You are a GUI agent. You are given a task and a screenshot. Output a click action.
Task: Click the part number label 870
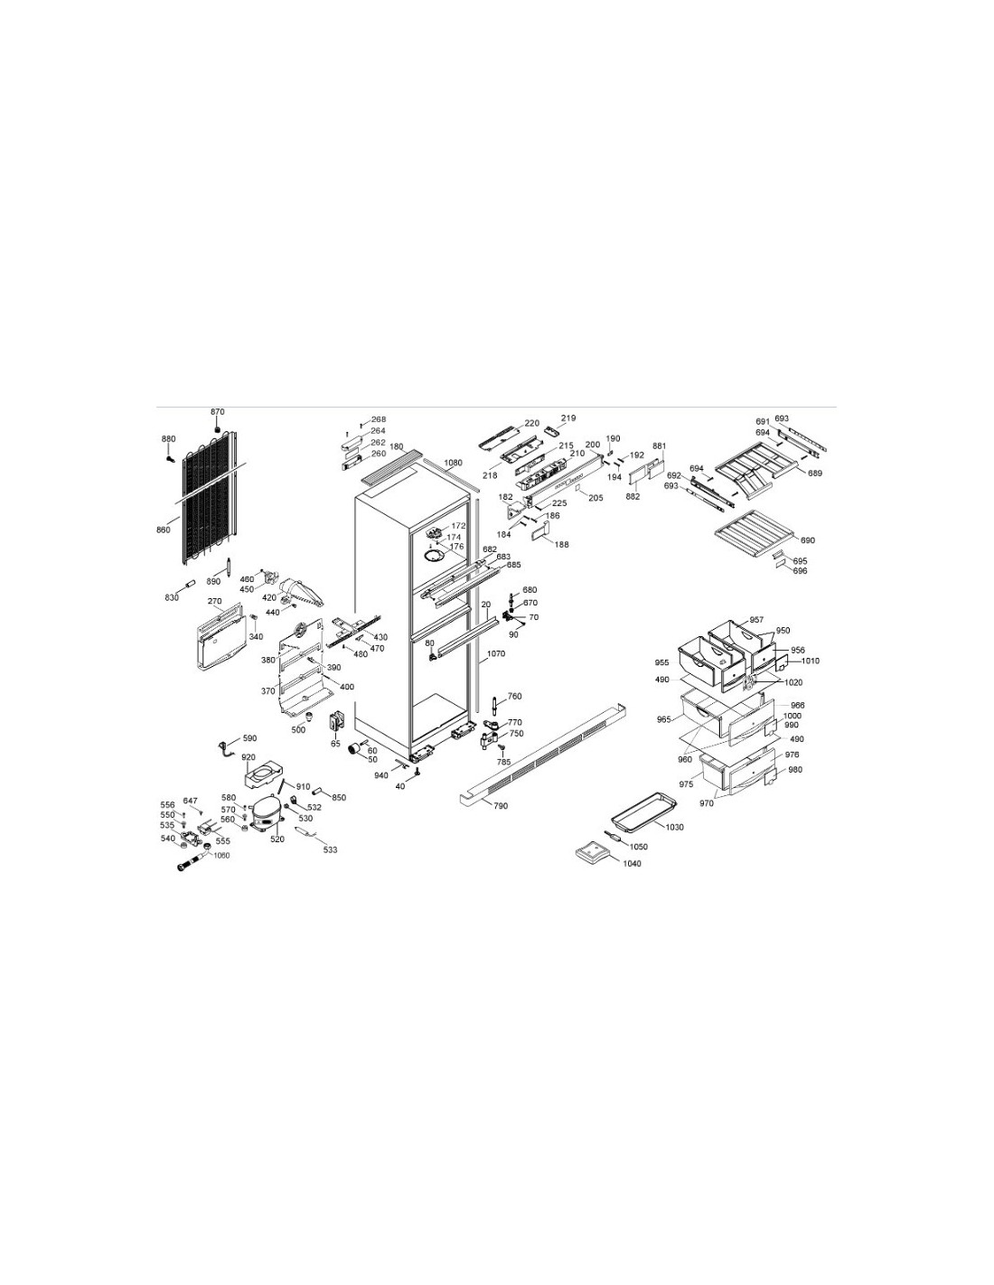[x=218, y=411]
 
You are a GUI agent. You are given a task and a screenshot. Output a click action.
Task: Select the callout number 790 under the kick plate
[x=500, y=806]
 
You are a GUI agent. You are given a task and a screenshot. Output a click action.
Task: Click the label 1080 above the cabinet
[x=453, y=463]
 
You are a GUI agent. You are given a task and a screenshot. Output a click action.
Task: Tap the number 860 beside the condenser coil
[x=164, y=530]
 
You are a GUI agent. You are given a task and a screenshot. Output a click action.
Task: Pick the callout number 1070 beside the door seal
[x=497, y=654]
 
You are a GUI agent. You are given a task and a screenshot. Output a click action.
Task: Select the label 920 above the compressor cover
[x=248, y=757]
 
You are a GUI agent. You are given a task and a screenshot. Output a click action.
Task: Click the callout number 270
[x=215, y=602]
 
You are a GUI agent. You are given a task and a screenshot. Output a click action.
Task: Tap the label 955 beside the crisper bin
[x=661, y=663]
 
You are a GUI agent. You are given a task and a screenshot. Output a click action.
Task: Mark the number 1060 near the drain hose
[x=221, y=856]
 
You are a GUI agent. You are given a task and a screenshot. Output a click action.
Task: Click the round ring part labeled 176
[x=437, y=556]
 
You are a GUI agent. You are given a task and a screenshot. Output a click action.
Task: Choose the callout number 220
[x=531, y=423]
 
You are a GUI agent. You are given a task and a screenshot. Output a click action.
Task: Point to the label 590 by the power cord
[x=249, y=738]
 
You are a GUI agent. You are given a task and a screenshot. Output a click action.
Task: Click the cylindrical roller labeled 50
[x=354, y=749]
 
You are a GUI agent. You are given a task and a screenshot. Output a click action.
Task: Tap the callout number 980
[x=795, y=770]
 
